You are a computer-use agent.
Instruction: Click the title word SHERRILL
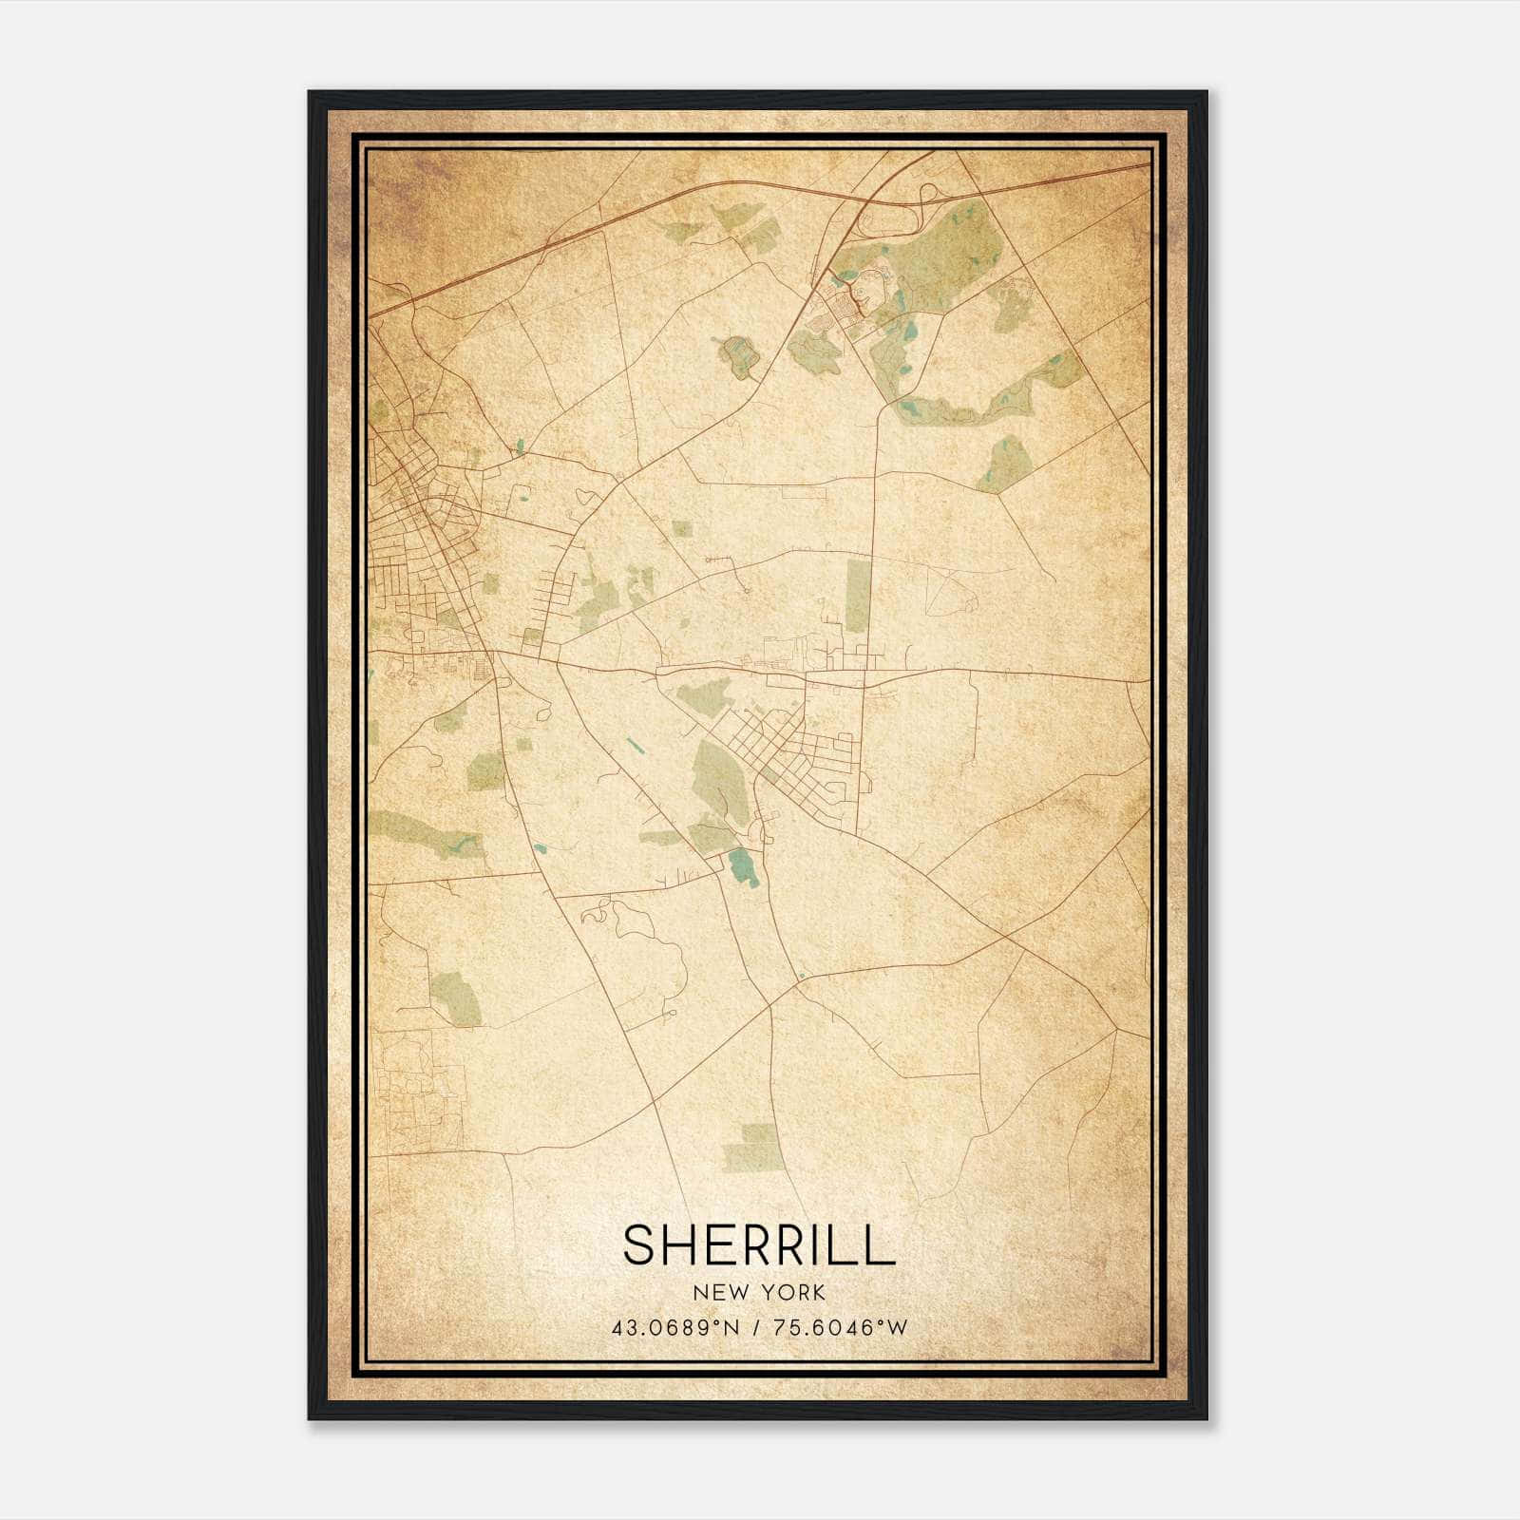759,1244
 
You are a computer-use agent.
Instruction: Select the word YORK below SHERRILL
796,1293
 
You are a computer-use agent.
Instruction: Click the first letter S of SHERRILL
637,1244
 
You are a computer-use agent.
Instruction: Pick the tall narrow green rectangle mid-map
858,596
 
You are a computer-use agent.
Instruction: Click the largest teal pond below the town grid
744,866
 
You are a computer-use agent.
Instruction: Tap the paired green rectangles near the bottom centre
755,1147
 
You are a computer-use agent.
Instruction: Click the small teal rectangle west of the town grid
631,745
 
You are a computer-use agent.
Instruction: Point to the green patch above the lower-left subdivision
457,997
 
